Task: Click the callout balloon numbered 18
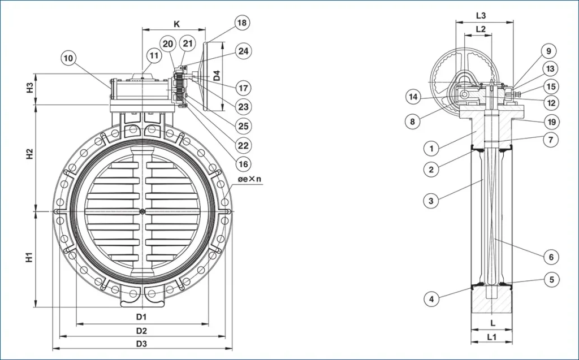click(x=241, y=23)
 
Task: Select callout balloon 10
click(x=69, y=58)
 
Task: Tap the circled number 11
click(x=154, y=56)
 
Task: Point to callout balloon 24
click(x=243, y=51)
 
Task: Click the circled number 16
click(x=243, y=164)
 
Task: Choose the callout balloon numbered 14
click(x=413, y=97)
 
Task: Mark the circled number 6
click(x=551, y=257)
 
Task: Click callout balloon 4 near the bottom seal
click(x=431, y=299)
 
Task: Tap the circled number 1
click(x=431, y=149)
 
